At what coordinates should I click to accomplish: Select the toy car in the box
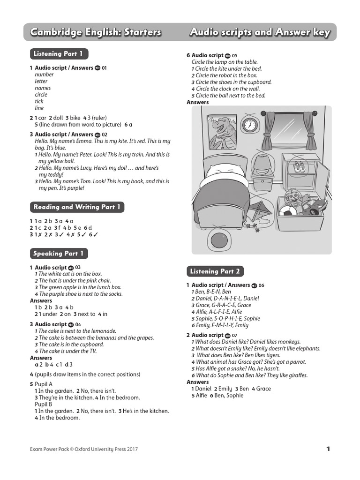315,206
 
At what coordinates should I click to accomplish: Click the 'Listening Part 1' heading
58,54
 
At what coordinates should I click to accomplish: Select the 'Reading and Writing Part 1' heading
77,207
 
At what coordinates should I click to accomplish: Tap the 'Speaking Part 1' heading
59,254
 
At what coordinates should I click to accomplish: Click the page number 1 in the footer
328,449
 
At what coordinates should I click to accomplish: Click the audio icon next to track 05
228,56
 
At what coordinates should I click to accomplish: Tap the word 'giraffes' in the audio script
297,375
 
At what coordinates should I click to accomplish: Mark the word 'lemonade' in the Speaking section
104,331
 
